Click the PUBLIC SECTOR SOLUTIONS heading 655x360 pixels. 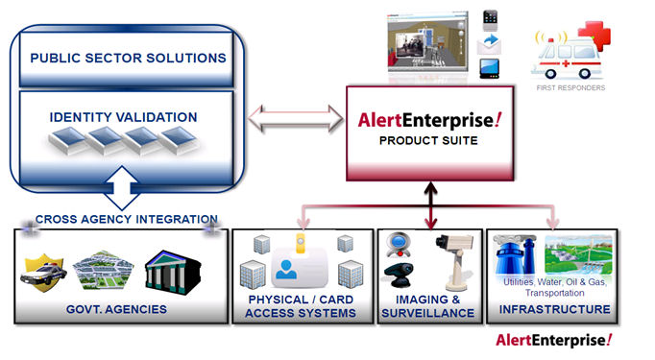pos(128,58)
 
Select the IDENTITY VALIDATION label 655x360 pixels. pos(123,117)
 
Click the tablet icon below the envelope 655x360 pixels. pos(489,69)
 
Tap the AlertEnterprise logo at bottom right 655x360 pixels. pos(553,341)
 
